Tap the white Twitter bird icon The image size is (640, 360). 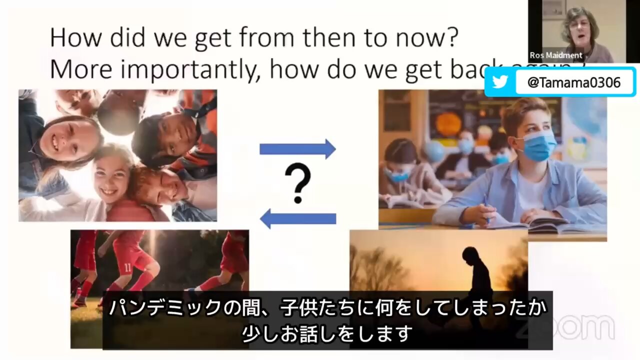(500, 82)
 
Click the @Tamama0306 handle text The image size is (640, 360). (574, 82)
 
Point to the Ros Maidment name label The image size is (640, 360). (556, 55)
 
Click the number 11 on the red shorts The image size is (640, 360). (128, 267)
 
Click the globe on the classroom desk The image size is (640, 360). (433, 151)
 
